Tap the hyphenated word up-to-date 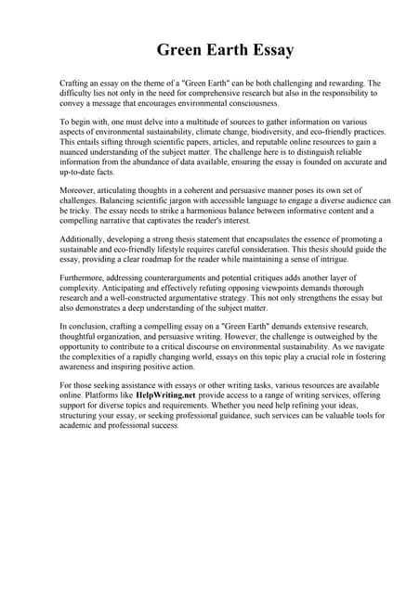click(82, 172)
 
